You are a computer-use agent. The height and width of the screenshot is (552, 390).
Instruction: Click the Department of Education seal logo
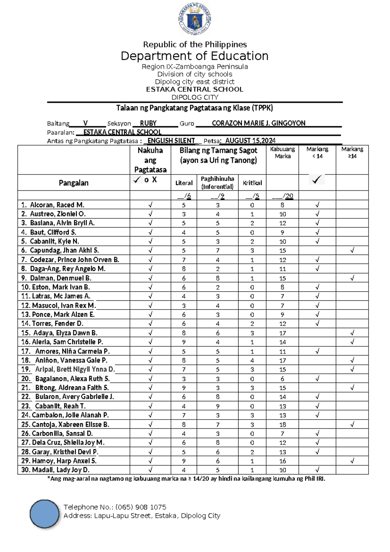(x=195, y=19)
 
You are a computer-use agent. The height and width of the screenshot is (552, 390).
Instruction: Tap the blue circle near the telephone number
(x=45, y=514)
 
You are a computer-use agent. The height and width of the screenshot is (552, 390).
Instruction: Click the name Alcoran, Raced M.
(x=57, y=205)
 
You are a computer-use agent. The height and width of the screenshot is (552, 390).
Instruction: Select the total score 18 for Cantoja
(x=282, y=424)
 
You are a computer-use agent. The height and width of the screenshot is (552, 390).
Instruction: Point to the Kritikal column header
(x=252, y=183)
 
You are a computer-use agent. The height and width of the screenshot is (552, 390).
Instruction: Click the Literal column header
(x=184, y=183)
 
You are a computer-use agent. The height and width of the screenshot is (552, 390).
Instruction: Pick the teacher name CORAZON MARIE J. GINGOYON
(x=258, y=123)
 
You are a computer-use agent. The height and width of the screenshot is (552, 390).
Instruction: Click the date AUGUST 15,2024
(x=250, y=141)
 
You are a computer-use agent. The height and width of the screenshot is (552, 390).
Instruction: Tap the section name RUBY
(x=148, y=123)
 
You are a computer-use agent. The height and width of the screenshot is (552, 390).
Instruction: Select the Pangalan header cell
(x=73, y=183)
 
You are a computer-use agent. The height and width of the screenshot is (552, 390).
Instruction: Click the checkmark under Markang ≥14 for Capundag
(x=352, y=250)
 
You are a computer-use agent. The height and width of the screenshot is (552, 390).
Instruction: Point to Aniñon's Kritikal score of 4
(x=252, y=360)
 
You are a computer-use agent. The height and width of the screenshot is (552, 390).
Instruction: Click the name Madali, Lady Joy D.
(x=60, y=470)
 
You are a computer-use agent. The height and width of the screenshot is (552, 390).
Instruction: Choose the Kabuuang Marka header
(x=282, y=153)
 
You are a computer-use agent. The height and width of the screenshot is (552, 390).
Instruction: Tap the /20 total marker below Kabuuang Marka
(x=288, y=196)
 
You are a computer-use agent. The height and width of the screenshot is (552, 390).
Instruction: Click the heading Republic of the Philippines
(x=195, y=45)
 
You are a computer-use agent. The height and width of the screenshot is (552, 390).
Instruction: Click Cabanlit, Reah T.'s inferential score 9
(x=217, y=406)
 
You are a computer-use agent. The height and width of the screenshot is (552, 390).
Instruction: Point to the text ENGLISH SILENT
(x=171, y=141)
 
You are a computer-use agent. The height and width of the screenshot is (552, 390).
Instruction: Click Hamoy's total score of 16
(x=282, y=461)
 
